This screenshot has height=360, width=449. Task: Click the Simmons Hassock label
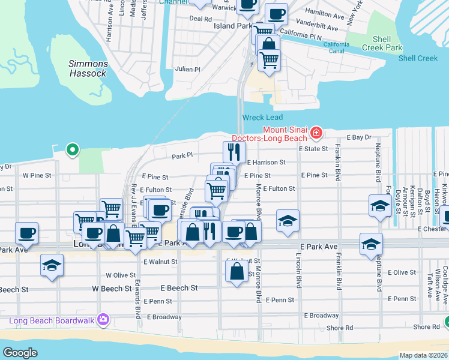[x=88, y=68]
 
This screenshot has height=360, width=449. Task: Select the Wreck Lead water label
[x=262, y=117]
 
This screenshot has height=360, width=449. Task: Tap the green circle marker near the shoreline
[x=72, y=149]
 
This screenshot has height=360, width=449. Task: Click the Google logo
[x=20, y=353]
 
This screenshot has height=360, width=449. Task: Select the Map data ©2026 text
[x=423, y=355]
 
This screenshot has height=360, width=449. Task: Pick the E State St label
[x=315, y=148]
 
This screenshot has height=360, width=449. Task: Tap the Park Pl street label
[x=182, y=155]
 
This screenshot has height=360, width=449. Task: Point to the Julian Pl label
[x=188, y=70]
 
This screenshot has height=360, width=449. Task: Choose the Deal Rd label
[x=200, y=19]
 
